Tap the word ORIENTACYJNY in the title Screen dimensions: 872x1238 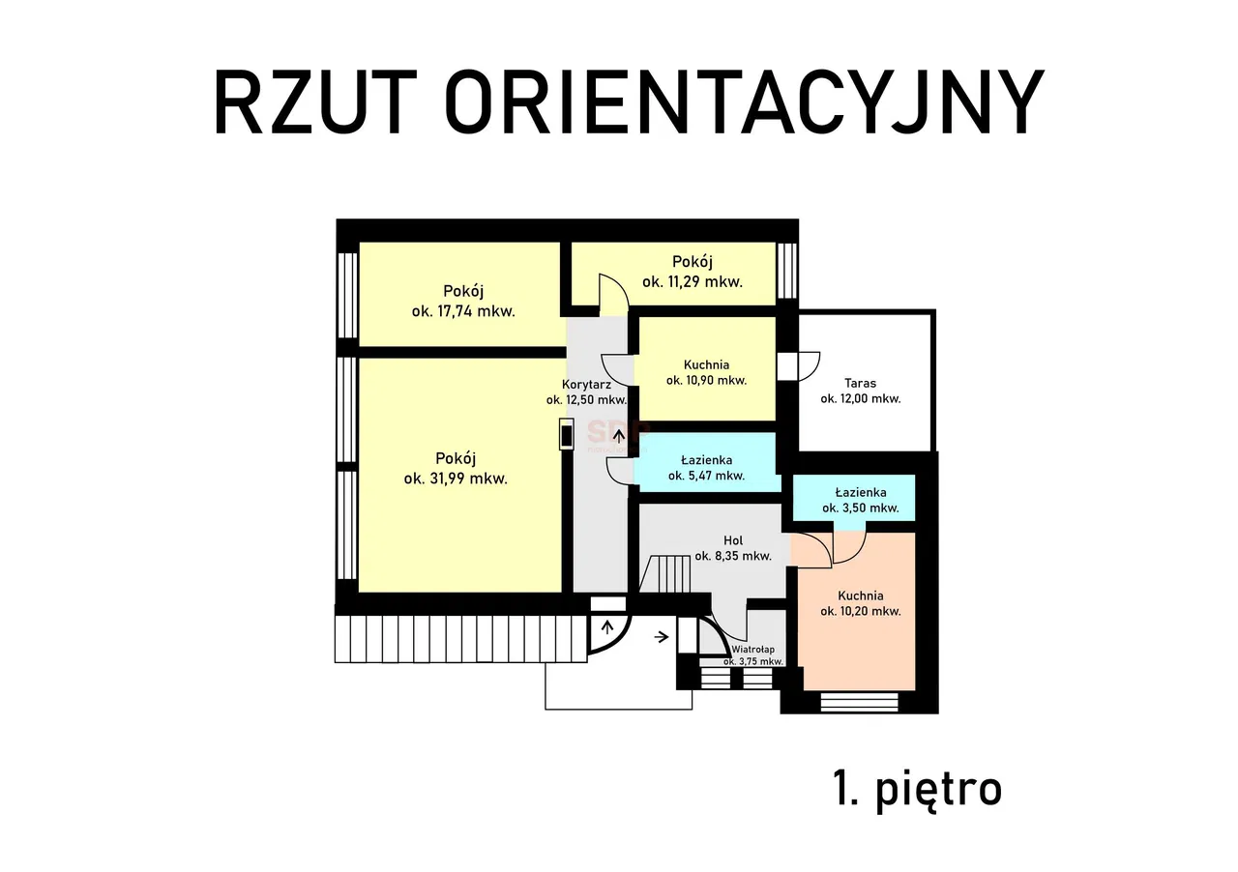[745, 102]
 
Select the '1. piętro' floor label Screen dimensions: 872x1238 [917, 789]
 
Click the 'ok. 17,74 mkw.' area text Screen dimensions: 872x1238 [463, 311]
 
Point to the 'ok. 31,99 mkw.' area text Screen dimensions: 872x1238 [456, 478]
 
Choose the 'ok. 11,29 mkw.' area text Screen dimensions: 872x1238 [693, 282]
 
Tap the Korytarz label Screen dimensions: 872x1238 [586, 384]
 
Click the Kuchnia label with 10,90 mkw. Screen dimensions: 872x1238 [706, 364]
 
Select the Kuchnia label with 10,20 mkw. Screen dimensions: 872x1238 [861, 596]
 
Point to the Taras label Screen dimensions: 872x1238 [861, 382]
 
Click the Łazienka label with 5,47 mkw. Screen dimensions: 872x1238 [706, 460]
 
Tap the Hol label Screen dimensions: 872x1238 [733, 539]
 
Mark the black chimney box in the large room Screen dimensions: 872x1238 [567, 434]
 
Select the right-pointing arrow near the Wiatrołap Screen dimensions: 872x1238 [662, 636]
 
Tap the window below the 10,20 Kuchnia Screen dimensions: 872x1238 [859, 702]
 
